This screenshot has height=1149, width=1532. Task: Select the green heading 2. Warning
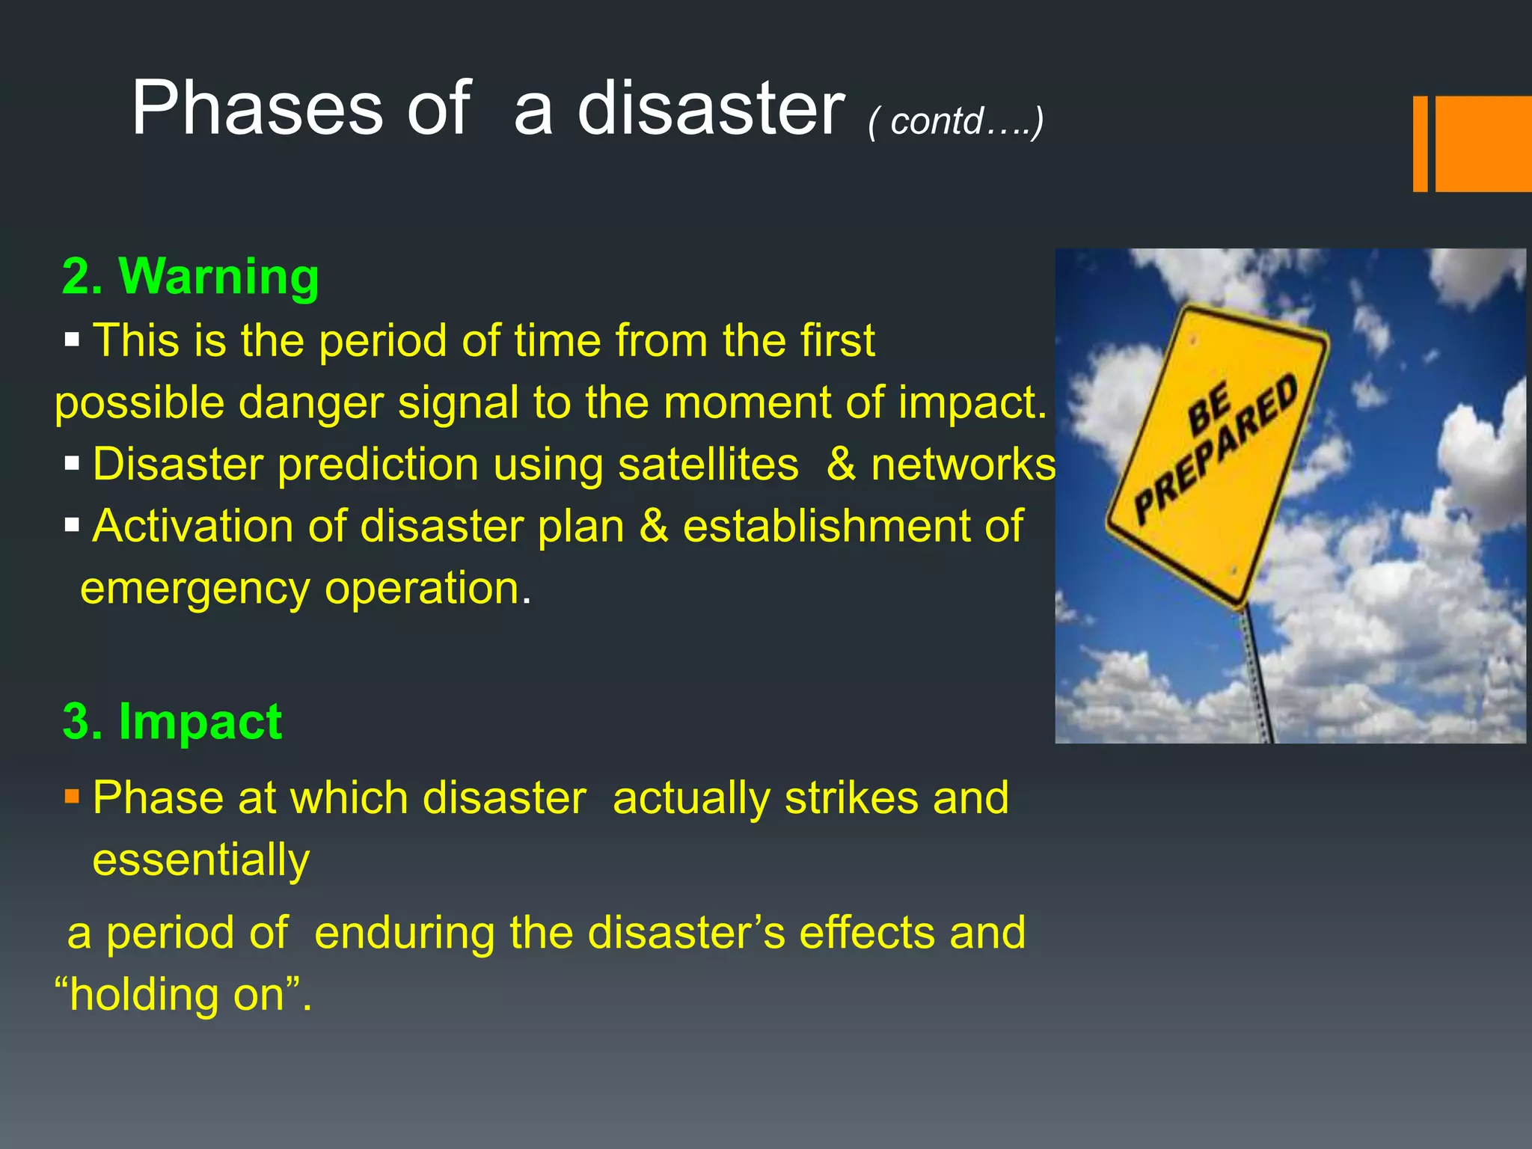point(191,276)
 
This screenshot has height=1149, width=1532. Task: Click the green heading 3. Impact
point(173,722)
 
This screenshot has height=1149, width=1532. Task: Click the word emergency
point(194,589)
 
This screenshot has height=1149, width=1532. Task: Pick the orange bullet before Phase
point(72,795)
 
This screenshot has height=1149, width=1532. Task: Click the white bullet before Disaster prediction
point(72,464)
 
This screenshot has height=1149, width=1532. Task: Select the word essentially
point(200,860)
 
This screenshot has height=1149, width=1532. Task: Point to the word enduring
point(403,933)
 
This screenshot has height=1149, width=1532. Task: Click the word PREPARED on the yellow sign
point(1216,449)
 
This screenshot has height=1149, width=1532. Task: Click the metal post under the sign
point(1257,673)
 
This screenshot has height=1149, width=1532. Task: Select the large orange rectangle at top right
point(1483,144)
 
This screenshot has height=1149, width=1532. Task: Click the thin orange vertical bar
point(1420,144)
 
